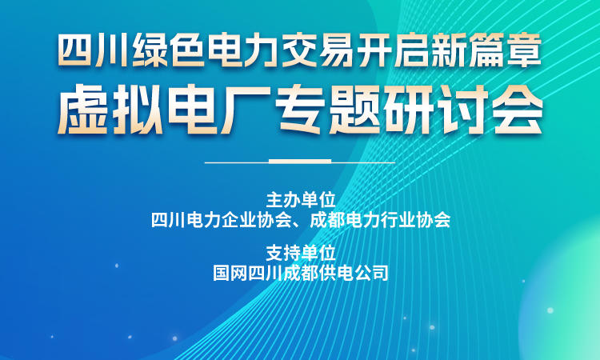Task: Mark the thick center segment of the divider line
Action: (x=300, y=162)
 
